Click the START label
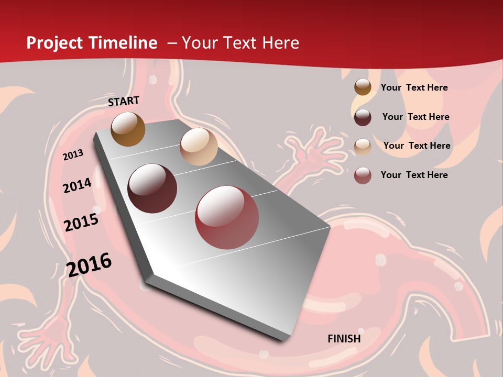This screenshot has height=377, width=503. coord(124,101)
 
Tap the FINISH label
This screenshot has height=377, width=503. coord(344,339)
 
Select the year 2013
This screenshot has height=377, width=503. coord(73,155)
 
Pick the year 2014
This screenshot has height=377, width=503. coord(77,185)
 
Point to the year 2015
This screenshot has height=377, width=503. coord(81,223)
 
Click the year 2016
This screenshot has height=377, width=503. coord(89,264)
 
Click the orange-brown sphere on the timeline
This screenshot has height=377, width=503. coord(128,129)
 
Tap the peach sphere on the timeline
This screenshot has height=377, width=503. coord(199,147)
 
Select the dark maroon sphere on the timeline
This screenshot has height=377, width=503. coord(152,188)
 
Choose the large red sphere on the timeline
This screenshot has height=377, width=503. coord(227,217)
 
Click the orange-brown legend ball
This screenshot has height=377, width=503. coord(363,87)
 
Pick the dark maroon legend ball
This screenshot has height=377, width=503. coord(363,117)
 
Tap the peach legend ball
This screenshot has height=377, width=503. coord(363,146)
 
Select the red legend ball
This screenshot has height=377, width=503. coord(363,175)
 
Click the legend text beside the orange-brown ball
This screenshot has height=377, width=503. coord(414,87)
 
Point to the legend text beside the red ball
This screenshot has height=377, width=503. coord(414,175)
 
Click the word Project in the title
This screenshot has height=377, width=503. coord(54,43)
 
